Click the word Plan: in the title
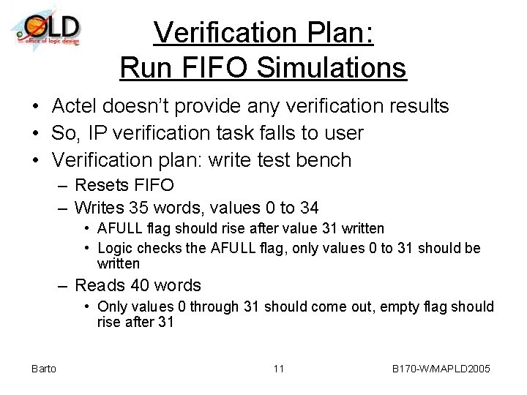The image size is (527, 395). [338, 33]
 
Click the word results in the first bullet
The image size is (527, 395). [413, 107]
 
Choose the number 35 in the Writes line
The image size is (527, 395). [140, 207]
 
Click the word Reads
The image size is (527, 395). [99, 285]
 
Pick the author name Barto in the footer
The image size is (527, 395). [44, 369]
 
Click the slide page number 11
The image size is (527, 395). [278, 369]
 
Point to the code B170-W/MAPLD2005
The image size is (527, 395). [441, 369]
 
